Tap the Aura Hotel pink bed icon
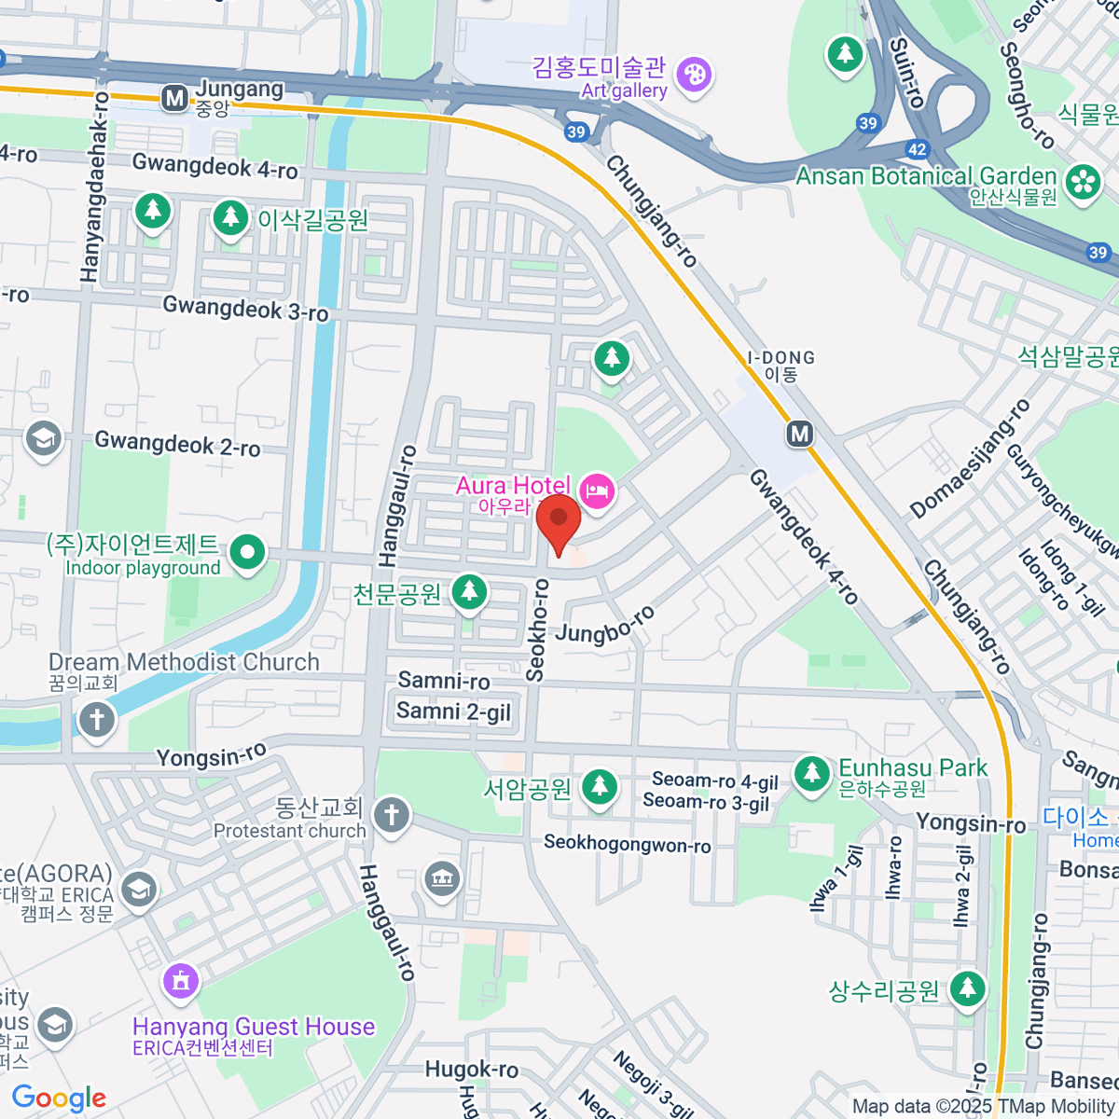(x=597, y=490)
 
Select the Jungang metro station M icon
(x=174, y=99)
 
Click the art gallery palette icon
(x=694, y=75)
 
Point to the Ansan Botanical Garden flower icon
(x=1083, y=181)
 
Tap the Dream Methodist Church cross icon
(x=97, y=719)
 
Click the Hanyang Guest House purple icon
(x=180, y=980)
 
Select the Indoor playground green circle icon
(x=247, y=553)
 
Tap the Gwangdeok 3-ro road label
(x=245, y=309)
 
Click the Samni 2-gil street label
(x=453, y=711)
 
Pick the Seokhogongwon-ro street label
(x=627, y=844)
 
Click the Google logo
(x=59, y=1098)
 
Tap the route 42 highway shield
(x=917, y=149)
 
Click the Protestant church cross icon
(x=392, y=815)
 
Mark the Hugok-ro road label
(x=471, y=1069)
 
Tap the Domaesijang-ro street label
(x=970, y=459)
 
